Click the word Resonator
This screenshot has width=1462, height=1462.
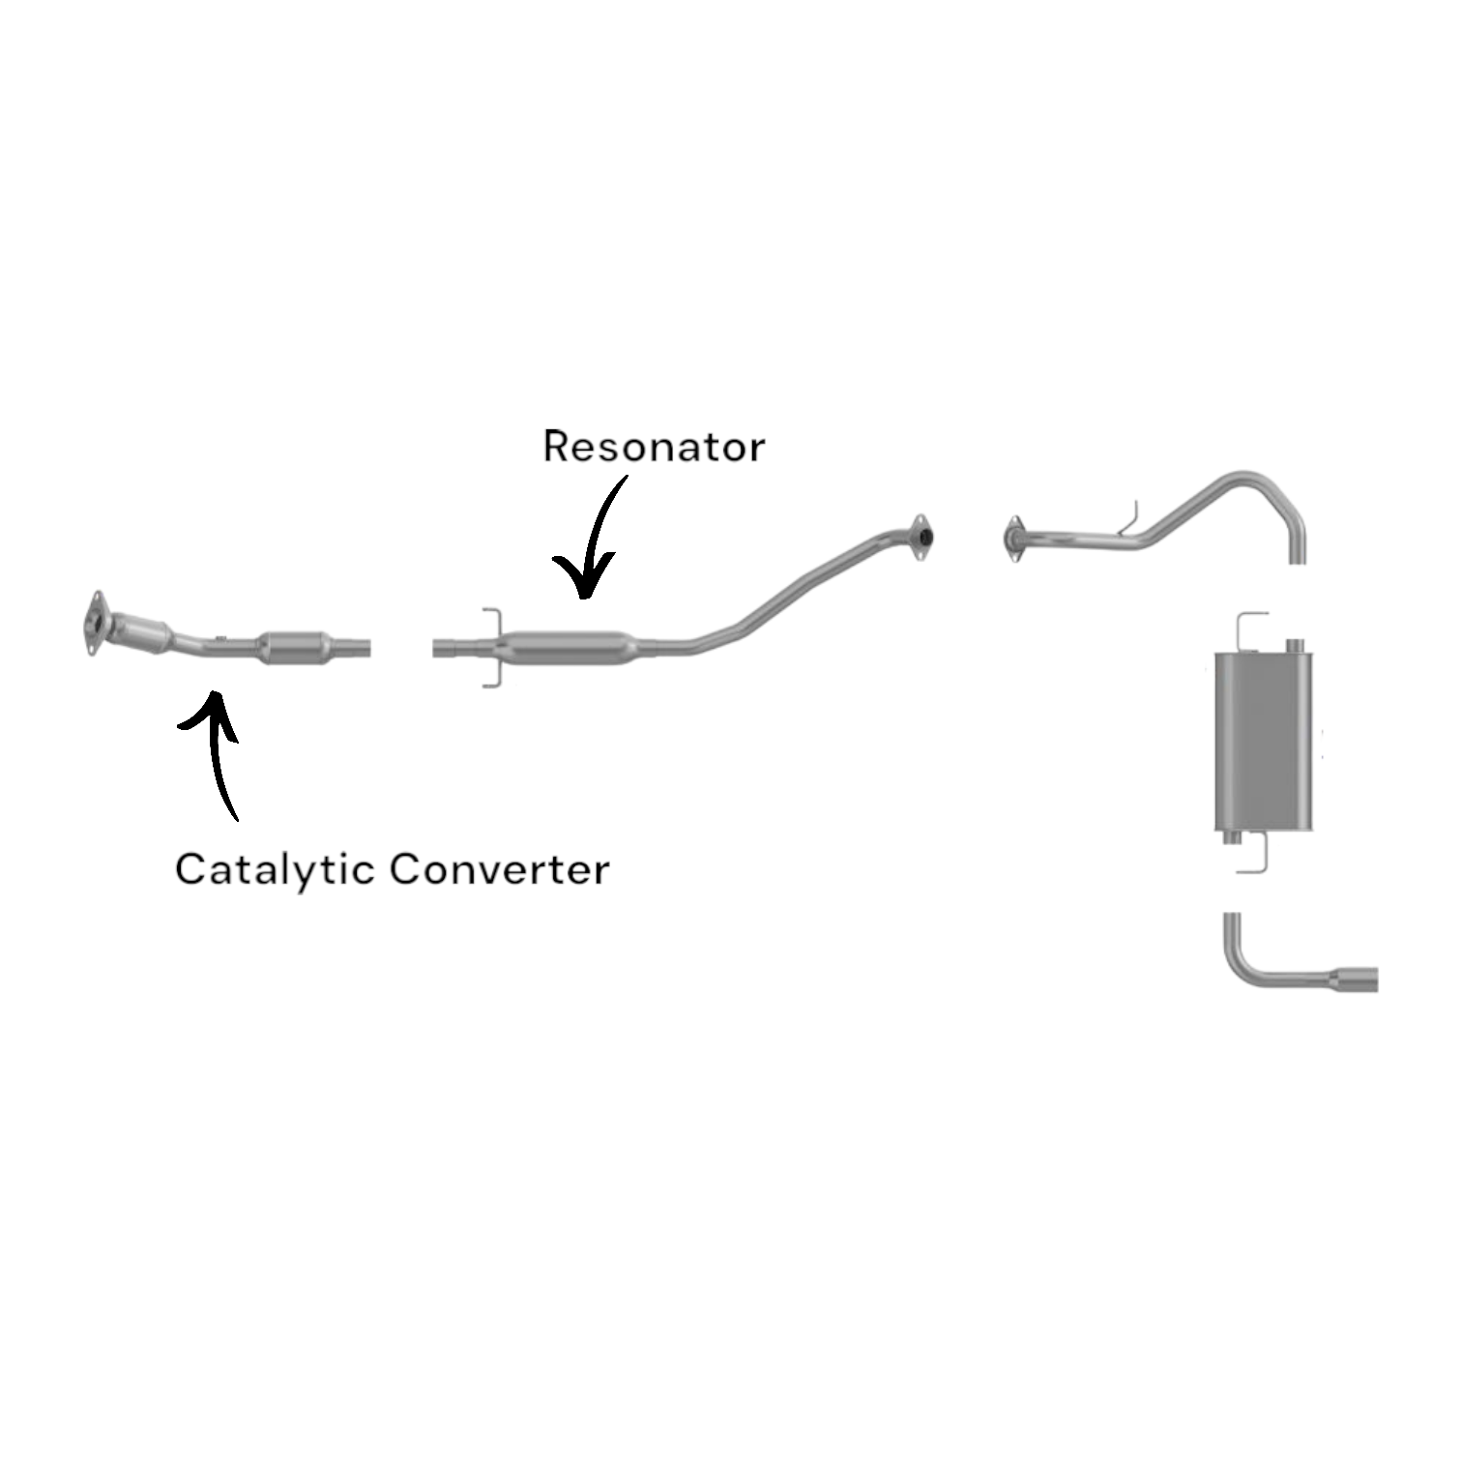(654, 447)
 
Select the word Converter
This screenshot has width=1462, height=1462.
(499, 869)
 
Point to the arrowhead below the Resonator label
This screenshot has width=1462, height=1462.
(582, 582)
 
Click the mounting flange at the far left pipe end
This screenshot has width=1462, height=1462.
(94, 623)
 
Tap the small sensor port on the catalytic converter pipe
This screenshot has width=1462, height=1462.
(221, 638)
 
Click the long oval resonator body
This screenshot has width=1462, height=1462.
(569, 646)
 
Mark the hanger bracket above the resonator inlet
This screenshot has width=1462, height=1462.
(491, 620)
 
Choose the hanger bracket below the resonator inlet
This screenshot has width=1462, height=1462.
(491, 676)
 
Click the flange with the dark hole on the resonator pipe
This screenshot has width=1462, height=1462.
(921, 537)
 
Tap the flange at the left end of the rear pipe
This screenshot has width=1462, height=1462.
(1013, 538)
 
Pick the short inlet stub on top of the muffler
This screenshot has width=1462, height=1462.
(1292, 644)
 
